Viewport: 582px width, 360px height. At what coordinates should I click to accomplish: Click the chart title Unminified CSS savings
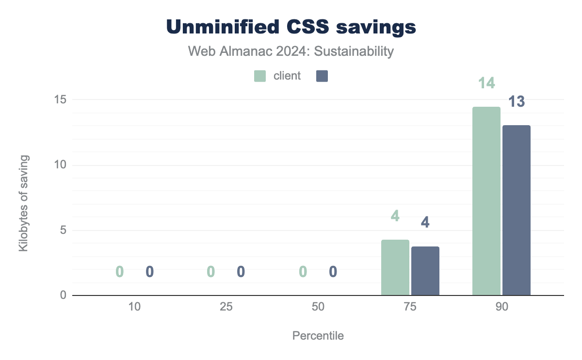click(291, 27)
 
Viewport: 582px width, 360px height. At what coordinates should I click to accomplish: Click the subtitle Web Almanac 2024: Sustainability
click(291, 51)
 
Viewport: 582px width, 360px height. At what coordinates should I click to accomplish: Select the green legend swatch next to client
click(260, 76)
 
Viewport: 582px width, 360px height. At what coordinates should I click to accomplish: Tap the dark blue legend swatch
click(322, 76)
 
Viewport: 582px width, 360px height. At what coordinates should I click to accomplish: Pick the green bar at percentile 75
click(395, 267)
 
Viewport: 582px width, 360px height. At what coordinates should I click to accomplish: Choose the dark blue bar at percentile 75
click(425, 271)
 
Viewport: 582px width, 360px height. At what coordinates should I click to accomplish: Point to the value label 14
click(486, 83)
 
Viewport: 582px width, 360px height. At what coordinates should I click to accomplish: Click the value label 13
click(517, 102)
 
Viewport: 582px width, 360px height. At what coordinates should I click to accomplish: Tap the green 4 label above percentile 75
click(395, 216)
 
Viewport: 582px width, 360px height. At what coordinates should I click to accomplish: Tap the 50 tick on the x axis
click(318, 307)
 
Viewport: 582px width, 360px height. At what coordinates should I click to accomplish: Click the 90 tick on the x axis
click(501, 307)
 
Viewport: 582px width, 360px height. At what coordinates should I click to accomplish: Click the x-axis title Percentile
click(318, 336)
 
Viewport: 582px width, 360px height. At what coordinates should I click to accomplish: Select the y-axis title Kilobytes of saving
click(23, 203)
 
